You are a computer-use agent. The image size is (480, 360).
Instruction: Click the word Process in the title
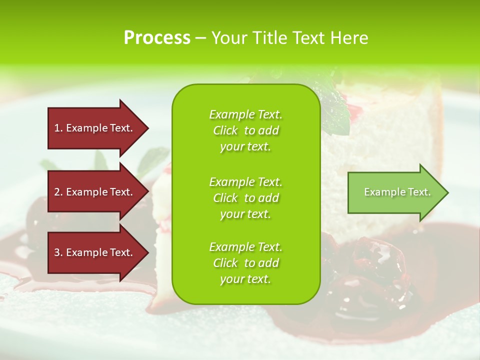(157, 38)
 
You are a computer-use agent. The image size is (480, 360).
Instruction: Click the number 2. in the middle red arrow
(58, 192)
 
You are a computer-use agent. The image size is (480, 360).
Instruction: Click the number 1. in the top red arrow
(58, 128)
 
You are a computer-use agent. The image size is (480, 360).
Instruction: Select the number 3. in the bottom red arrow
(58, 252)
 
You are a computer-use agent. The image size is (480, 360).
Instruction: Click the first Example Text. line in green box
(245, 114)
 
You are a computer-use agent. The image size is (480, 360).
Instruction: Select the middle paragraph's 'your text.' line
(245, 214)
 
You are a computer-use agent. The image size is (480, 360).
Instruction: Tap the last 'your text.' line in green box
(245, 279)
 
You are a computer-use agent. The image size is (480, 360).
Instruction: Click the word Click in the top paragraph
(225, 130)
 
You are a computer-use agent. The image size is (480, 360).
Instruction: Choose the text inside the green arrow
(397, 192)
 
